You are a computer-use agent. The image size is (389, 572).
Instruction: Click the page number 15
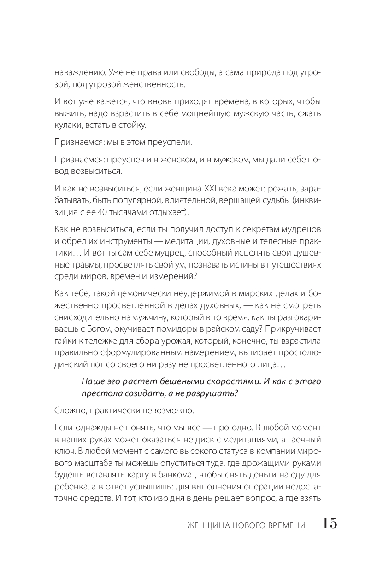pyautogui.click(x=330, y=524)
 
